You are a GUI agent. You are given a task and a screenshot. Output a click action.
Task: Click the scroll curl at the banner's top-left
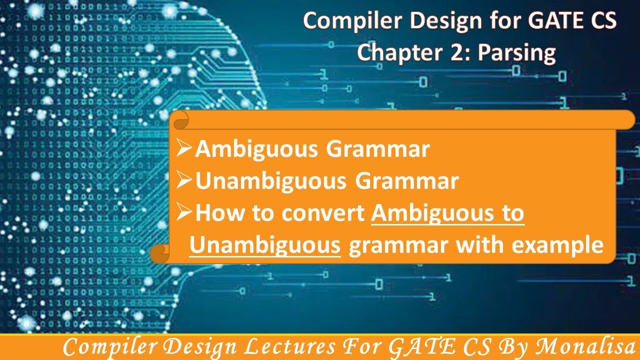pyautogui.click(x=180, y=120)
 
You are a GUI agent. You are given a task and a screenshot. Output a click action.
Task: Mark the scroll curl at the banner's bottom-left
pyautogui.click(x=160, y=253)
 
